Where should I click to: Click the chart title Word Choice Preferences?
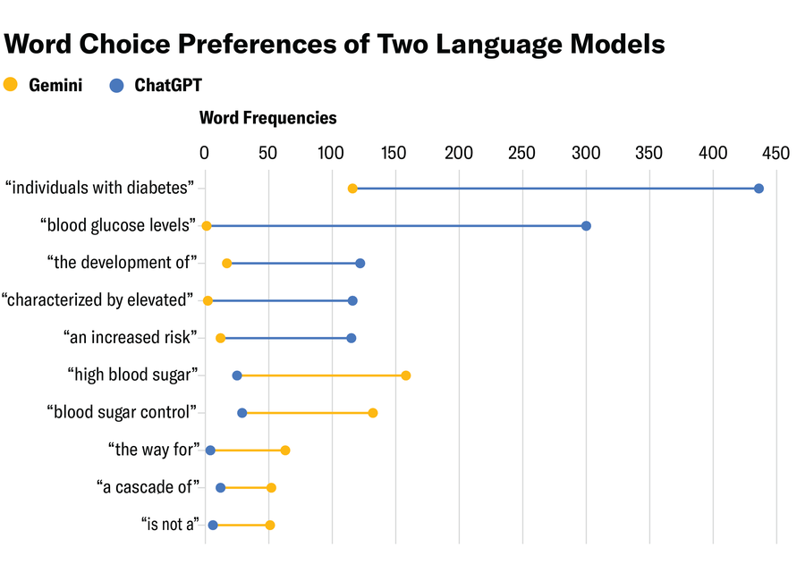[335, 44]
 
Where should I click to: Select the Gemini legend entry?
[44, 86]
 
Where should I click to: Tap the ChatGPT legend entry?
[156, 86]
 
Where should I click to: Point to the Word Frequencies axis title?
[267, 118]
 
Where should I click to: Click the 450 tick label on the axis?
[775, 153]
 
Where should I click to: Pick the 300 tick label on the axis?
[586, 153]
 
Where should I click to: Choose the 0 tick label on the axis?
[205, 153]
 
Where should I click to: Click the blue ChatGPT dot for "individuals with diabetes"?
[758, 189]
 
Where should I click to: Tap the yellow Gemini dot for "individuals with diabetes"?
[352, 189]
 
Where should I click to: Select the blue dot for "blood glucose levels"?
[586, 226]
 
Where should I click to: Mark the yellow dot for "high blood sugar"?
[406, 375]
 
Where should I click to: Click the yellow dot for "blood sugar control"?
[373, 413]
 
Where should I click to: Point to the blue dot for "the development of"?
[360, 264]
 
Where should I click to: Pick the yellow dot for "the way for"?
[285, 450]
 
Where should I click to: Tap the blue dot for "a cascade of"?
[221, 488]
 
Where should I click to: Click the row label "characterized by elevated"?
[97, 300]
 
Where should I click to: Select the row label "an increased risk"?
[129, 338]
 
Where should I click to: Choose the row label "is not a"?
[168, 525]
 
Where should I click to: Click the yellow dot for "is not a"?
[270, 526]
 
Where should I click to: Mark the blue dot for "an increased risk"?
[351, 338]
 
